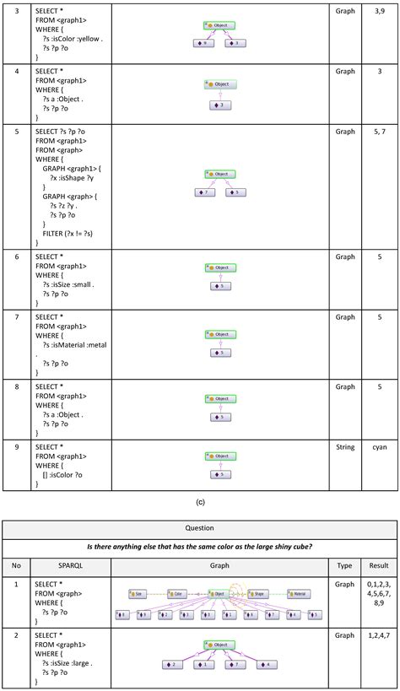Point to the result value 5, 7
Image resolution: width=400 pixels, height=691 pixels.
379,132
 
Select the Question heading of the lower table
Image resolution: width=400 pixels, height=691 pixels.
199,527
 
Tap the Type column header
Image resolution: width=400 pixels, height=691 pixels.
345,565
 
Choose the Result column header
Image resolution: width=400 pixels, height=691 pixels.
379,565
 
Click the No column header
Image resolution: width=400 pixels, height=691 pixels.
16,565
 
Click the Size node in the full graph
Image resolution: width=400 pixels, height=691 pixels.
138,594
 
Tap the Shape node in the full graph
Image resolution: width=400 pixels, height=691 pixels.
257,594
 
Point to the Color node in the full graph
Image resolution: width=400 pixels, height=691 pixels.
176,594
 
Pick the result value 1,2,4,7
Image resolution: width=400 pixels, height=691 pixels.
379,634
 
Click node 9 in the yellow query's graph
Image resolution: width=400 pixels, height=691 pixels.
203,43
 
